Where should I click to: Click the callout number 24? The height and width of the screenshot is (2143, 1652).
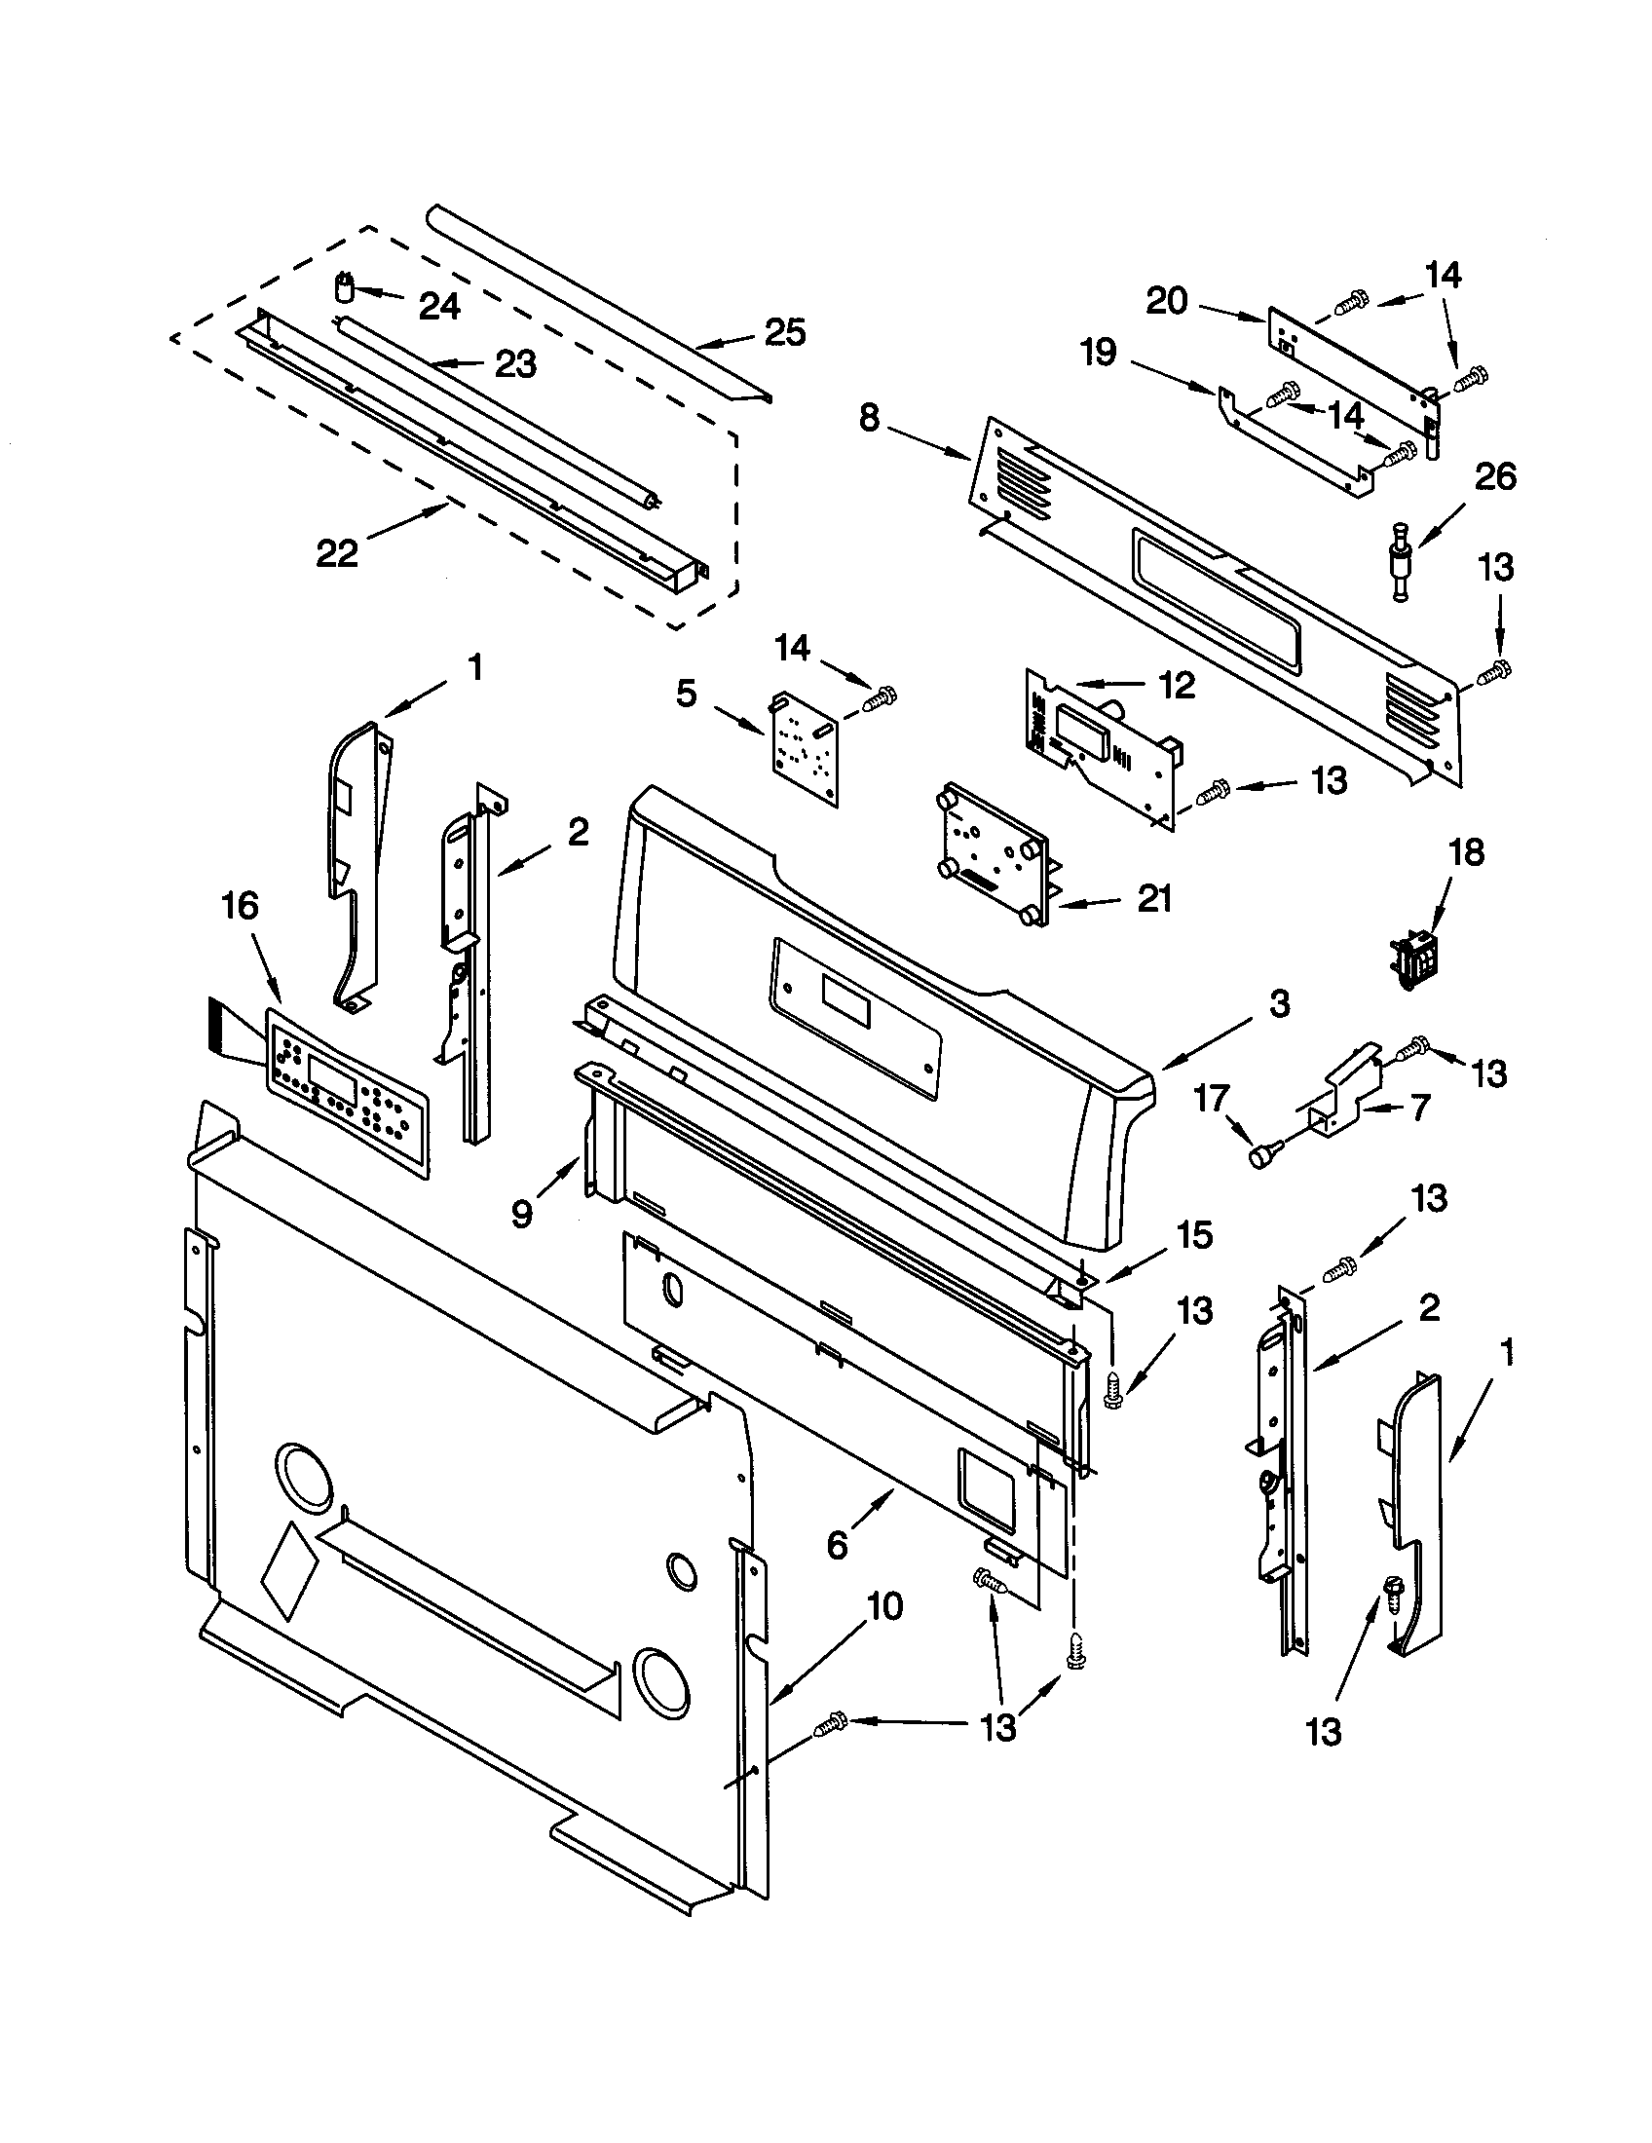pyautogui.click(x=439, y=307)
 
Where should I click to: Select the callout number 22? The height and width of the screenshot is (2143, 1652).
pyautogui.click(x=336, y=553)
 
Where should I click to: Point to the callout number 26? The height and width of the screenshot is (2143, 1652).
pyautogui.click(x=1495, y=478)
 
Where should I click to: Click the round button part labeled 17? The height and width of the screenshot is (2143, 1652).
pyautogui.click(x=1259, y=1157)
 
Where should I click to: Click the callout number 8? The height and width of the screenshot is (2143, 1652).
pyautogui.click(x=869, y=419)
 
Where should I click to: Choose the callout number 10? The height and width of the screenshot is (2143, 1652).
pyautogui.click(x=883, y=1607)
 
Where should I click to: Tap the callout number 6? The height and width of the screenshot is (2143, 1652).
pyautogui.click(x=837, y=1546)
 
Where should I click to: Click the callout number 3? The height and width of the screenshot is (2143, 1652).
pyautogui.click(x=1278, y=1005)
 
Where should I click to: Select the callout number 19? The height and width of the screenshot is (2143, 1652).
pyautogui.click(x=1099, y=354)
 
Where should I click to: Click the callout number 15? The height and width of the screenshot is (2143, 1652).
pyautogui.click(x=1194, y=1235)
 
